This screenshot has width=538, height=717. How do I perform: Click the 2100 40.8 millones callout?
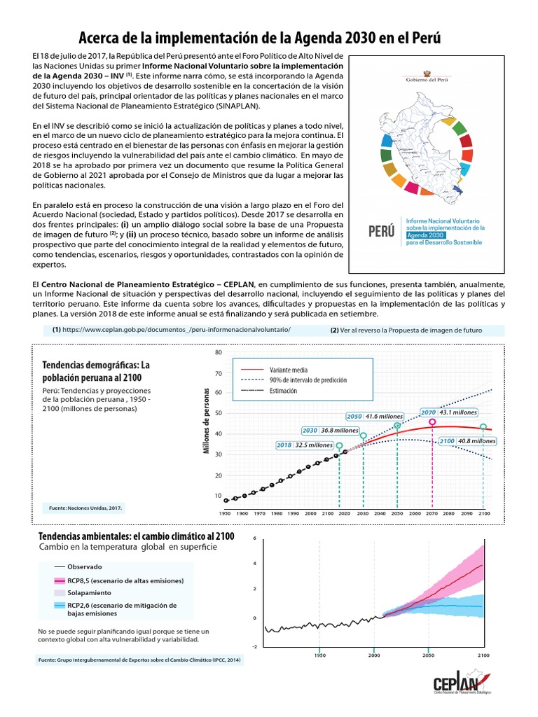point(468,441)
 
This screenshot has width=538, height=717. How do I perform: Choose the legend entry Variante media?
point(288,369)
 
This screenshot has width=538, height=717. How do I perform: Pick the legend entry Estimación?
point(287,390)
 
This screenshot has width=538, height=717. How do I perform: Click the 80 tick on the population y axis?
point(218,353)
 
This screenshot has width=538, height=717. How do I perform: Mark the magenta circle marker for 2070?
point(432,422)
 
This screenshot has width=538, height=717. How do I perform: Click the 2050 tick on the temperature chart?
point(428,655)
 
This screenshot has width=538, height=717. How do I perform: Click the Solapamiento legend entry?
point(86,592)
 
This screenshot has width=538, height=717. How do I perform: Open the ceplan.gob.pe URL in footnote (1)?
point(176,329)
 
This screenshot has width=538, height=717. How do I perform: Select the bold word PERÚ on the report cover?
point(381,230)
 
